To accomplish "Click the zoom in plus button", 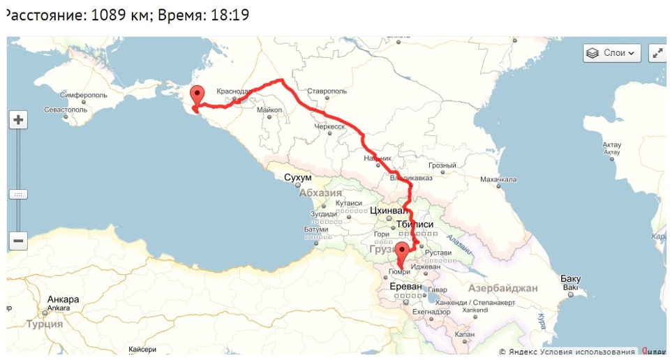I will click(18, 120).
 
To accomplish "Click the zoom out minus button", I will click(18, 241).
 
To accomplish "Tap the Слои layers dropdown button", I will click(611, 53).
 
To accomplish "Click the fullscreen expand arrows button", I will click(657, 53).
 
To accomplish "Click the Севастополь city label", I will click(66, 110).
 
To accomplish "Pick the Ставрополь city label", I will click(327, 91).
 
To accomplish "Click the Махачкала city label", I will click(498, 179).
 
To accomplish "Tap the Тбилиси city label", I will click(415, 224).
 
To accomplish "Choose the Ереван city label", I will click(405, 286).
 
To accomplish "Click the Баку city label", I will click(570, 279).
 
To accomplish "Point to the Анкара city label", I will click(63, 300).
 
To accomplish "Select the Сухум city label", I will click(298, 178).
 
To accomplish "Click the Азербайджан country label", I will click(502, 288).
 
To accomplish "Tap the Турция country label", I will click(45, 324).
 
